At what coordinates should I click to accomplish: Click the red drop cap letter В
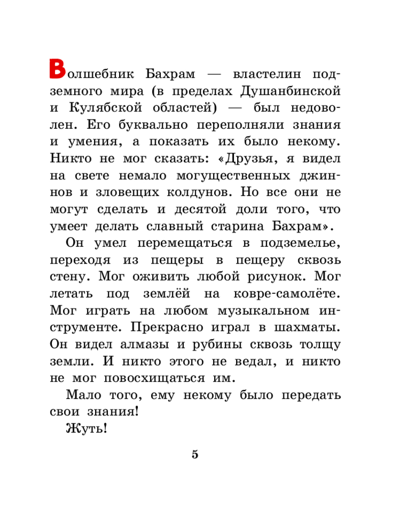(x=57, y=69)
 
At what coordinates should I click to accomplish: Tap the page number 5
(x=195, y=455)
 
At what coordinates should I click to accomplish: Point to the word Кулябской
(x=108, y=108)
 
